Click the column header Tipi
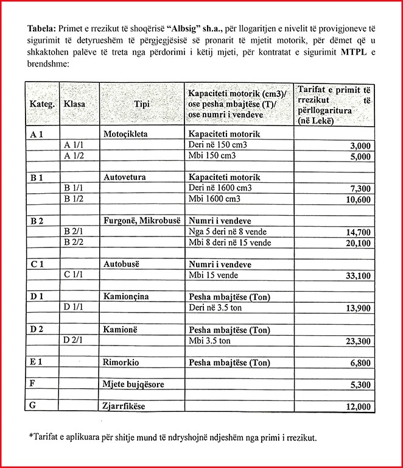click(141, 104)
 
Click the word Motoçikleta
click(126, 133)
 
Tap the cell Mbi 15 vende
click(213, 275)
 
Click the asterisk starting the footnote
click(30, 436)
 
